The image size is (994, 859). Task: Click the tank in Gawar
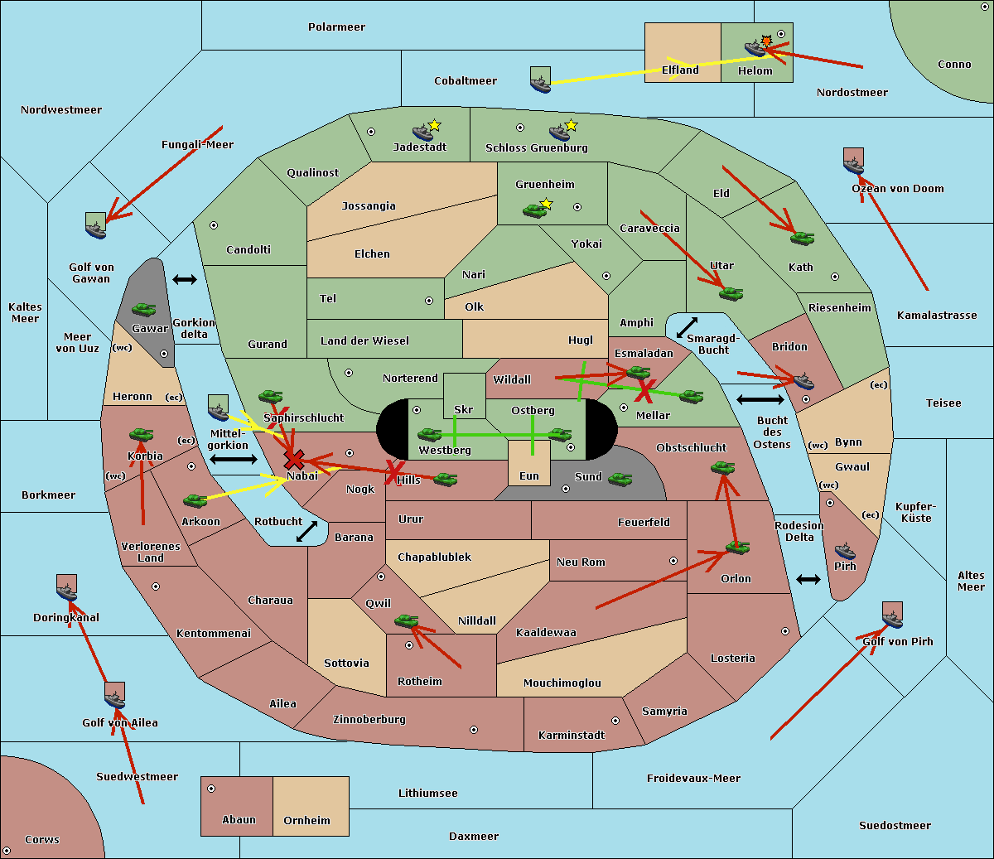coord(144,309)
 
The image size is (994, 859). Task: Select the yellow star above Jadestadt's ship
coord(435,125)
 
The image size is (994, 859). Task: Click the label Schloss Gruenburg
coord(536,148)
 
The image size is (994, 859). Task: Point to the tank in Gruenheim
coord(535,211)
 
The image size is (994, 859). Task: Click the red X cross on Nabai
coord(293,460)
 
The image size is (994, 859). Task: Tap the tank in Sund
coord(620,479)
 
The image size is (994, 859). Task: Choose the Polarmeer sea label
coord(336,27)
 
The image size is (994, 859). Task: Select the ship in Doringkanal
coord(67,590)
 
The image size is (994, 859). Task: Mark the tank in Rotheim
coord(407,620)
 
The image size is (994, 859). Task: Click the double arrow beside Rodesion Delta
coord(808,579)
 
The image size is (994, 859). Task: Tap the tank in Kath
coord(802,239)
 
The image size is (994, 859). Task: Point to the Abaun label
coord(239,820)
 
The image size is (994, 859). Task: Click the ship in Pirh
coord(845,551)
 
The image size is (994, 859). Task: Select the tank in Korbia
coord(142,434)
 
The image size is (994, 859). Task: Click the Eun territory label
coord(529,476)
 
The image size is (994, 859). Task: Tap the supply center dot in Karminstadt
coord(615,721)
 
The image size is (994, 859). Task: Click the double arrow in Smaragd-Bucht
coord(688,327)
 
